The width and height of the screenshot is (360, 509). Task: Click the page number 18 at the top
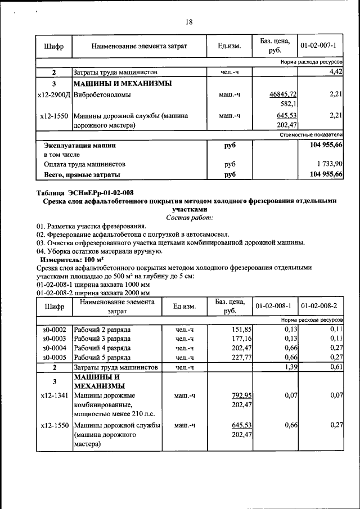(189, 22)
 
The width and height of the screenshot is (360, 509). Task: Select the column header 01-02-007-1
(318, 46)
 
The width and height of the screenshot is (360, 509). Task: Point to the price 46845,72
(283, 94)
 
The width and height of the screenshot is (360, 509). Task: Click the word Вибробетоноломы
(102, 94)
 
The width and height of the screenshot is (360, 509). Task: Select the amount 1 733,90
(327, 164)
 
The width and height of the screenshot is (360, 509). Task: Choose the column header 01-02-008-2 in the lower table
(319, 307)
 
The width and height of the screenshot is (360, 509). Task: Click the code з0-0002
(54, 329)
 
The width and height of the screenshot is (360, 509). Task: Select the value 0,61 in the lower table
(336, 367)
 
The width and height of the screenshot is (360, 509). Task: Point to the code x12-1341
(54, 395)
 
